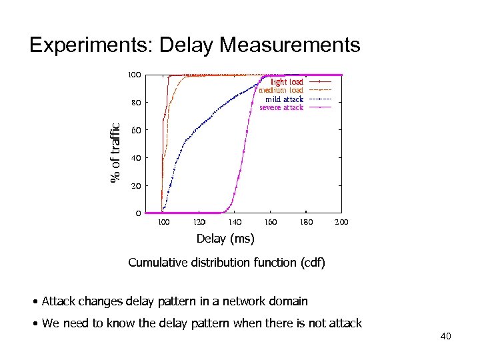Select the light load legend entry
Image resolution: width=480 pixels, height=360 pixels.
point(287,82)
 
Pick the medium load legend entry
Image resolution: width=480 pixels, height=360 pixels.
point(281,90)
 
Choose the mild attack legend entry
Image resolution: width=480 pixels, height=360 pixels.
point(284,99)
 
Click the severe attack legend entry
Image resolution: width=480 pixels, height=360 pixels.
point(281,107)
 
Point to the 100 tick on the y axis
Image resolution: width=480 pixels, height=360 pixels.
point(134,75)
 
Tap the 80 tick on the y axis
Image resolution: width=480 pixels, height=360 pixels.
point(136,103)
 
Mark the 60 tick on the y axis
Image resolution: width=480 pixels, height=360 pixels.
point(136,130)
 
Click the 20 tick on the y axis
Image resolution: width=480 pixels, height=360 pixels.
point(136,185)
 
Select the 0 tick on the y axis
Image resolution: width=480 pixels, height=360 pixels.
point(138,213)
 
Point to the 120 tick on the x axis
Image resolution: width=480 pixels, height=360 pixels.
point(199,222)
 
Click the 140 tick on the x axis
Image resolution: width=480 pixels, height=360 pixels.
point(235,222)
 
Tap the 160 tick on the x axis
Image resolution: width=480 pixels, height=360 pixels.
point(271,222)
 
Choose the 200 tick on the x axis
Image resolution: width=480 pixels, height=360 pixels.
point(342,222)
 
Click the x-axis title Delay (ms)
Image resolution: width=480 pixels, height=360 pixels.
point(225,238)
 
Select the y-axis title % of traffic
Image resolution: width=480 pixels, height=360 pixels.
point(115,153)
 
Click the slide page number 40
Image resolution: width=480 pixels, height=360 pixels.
point(445,336)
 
